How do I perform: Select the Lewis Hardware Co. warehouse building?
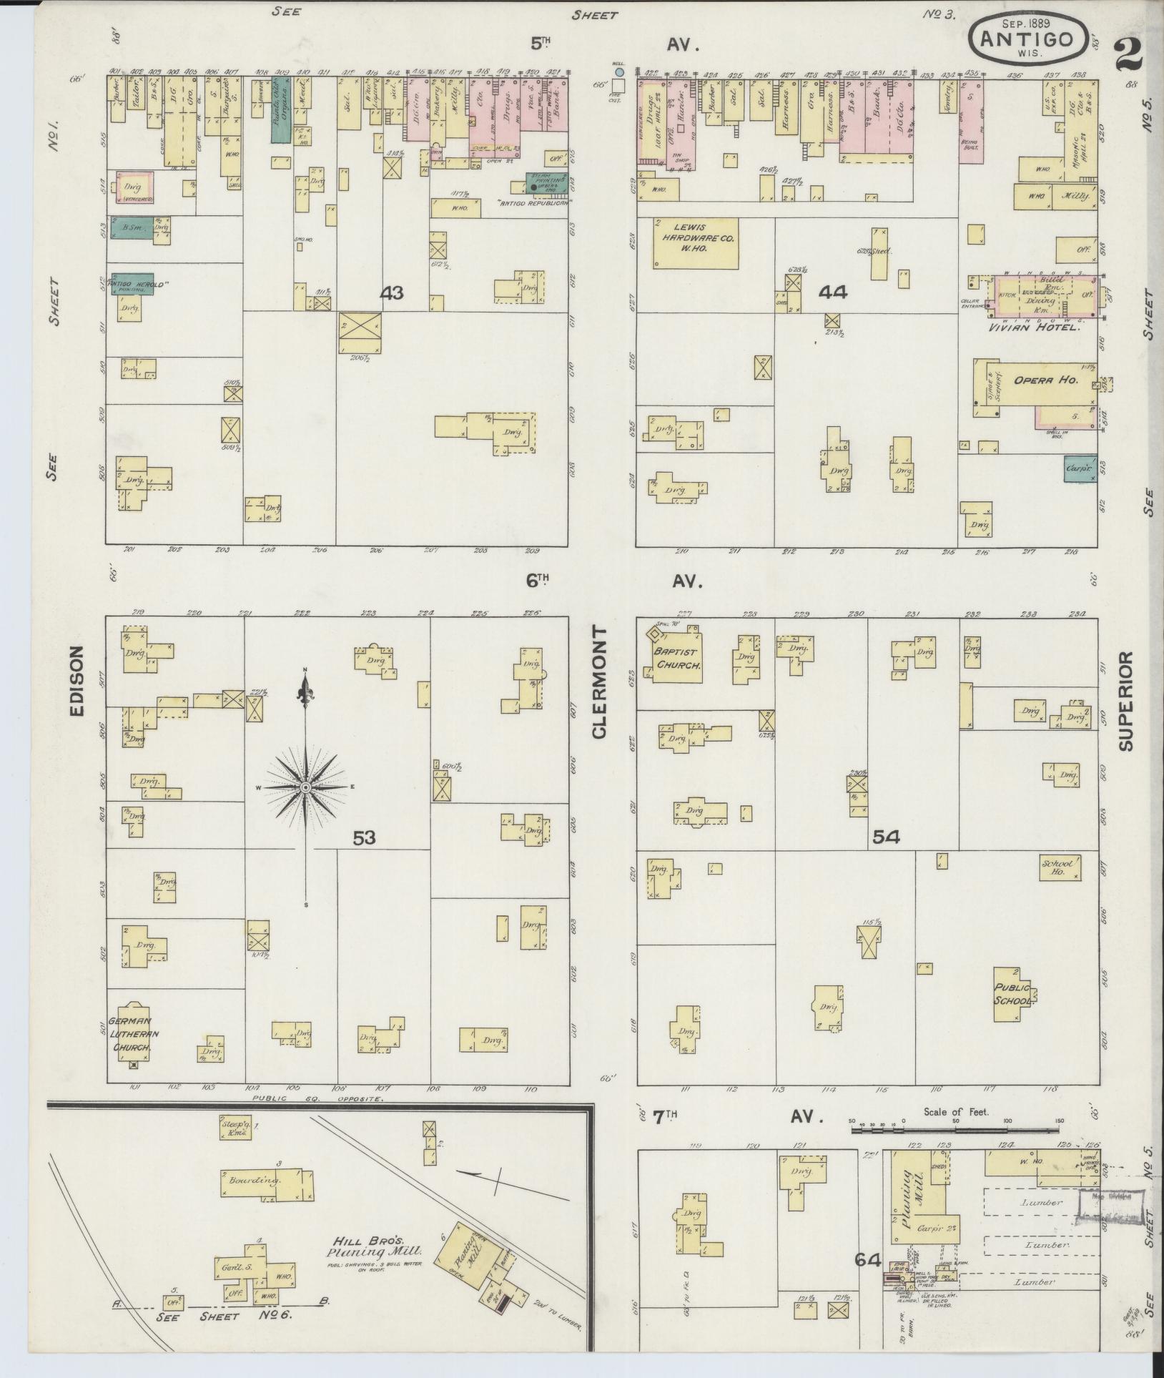click(694, 242)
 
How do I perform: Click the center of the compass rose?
click(305, 787)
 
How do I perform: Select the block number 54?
click(885, 836)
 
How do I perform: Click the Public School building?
click(1014, 995)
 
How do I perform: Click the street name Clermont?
click(598, 684)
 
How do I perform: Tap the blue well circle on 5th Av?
click(619, 72)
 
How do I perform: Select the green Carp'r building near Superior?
click(1080, 469)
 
